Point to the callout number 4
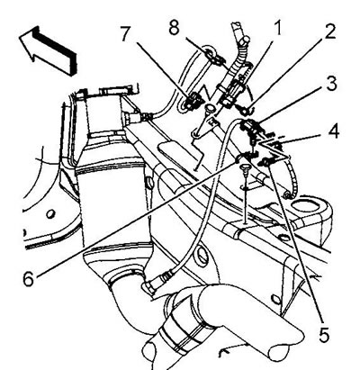[331, 132]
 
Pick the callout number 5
[323, 335]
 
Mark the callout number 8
[174, 28]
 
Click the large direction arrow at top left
[48, 50]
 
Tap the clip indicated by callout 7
[192, 101]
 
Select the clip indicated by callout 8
[213, 58]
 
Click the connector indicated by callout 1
[233, 92]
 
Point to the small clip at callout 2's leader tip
[247, 111]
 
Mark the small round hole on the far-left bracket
[50, 214]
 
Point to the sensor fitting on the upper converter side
[137, 116]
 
